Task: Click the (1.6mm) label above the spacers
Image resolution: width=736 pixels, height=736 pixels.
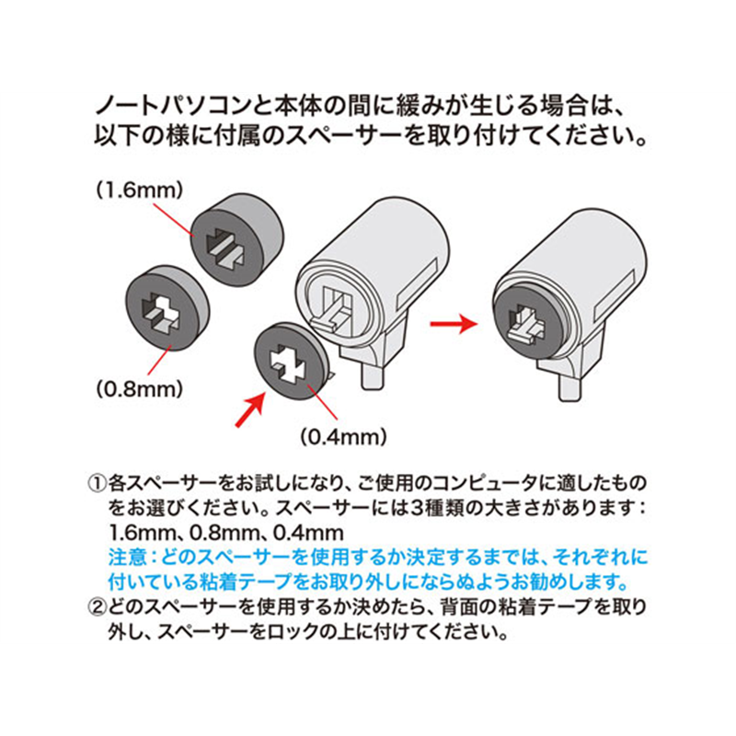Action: [140, 191]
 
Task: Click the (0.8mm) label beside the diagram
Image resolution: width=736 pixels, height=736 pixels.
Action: [140, 389]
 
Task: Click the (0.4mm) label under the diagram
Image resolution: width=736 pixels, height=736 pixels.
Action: [343, 438]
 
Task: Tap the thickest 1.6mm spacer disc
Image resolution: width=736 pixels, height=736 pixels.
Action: [237, 238]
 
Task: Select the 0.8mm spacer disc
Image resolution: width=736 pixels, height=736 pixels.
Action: [167, 308]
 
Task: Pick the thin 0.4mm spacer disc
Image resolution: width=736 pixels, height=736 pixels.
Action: [291, 361]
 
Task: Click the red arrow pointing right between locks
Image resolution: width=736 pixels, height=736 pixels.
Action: [454, 324]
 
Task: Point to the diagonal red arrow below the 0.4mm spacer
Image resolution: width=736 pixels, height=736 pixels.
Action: [250, 410]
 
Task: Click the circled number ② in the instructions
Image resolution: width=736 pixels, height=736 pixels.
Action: [98, 608]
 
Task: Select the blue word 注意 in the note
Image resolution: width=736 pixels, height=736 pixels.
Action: [127, 558]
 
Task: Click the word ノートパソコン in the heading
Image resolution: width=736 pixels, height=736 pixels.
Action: [171, 106]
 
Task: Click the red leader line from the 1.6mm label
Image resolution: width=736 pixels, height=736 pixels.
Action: [173, 219]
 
